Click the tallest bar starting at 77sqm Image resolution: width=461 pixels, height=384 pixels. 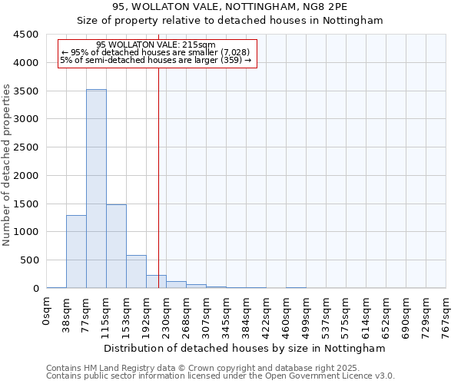[x=96, y=188]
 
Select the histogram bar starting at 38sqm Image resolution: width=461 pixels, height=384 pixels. [x=76, y=251]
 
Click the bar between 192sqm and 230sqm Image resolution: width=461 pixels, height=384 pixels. [x=156, y=282]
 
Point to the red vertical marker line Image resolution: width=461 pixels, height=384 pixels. [x=158, y=154]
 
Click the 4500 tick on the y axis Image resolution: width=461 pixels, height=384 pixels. [x=27, y=35]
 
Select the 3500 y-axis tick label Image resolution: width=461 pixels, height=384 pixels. [x=27, y=91]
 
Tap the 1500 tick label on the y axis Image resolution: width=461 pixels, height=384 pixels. [x=27, y=204]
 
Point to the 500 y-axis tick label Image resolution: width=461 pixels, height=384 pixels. [x=30, y=260]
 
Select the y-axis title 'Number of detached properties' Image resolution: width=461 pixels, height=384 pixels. [x=7, y=165]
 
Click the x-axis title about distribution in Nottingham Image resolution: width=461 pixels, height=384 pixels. [x=246, y=348]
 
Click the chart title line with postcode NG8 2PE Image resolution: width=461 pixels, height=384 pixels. [x=230, y=6]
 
